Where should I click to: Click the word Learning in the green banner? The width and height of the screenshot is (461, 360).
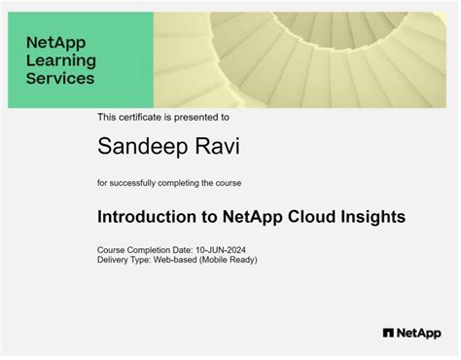pyautogui.click(x=60, y=61)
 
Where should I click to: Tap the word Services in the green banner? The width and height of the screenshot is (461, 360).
pyautogui.click(x=60, y=79)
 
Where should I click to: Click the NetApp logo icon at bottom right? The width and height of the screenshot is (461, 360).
pyautogui.click(x=388, y=333)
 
